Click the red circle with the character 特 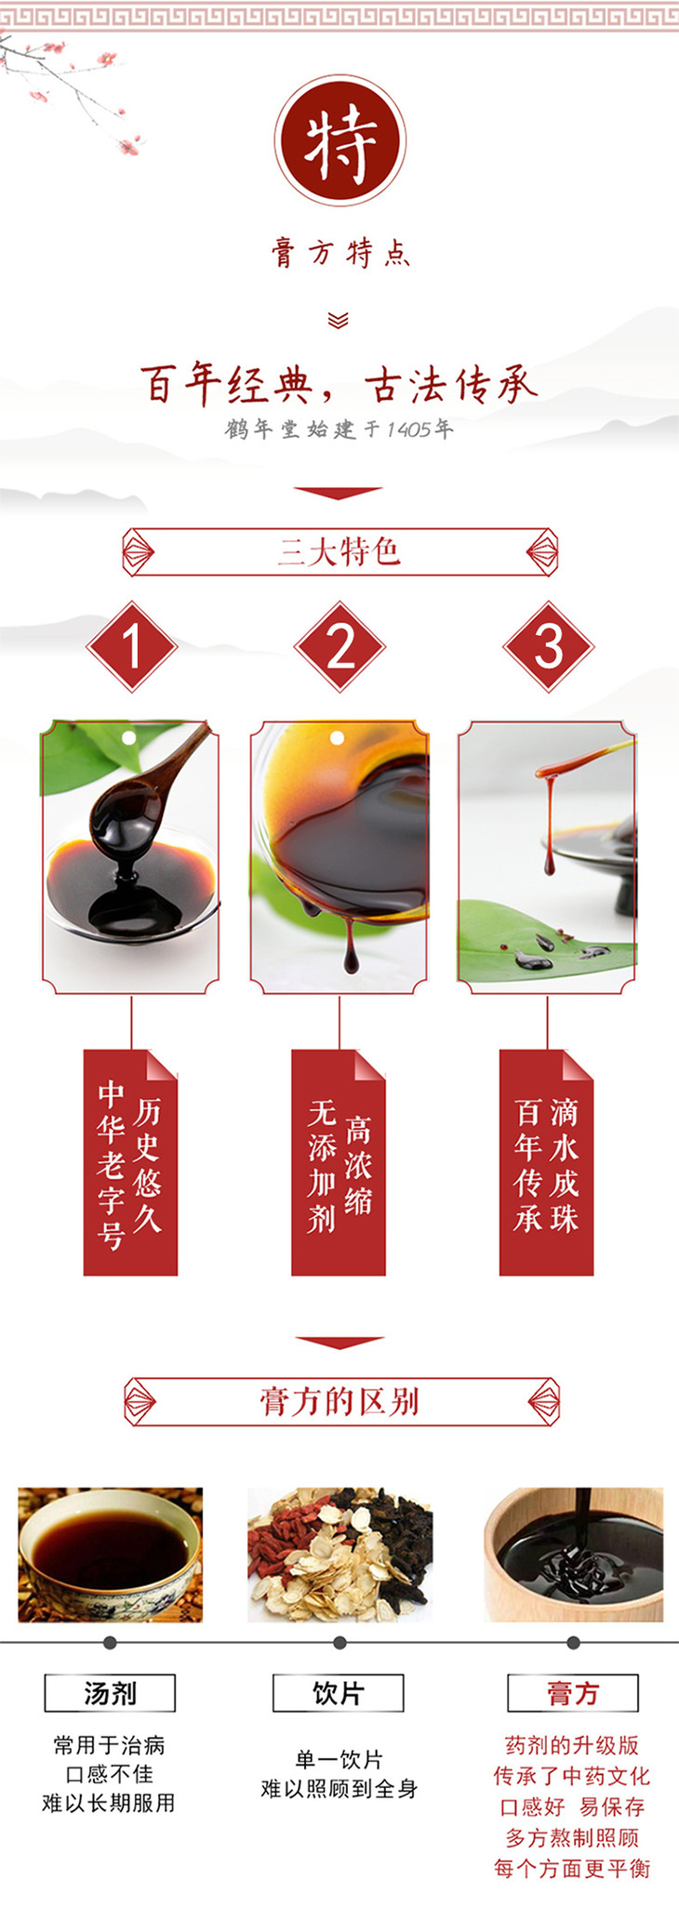tap(340, 141)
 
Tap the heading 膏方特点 tap(340, 253)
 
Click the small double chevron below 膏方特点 tap(339, 321)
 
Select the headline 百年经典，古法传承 tap(339, 385)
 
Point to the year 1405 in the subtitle tap(408, 430)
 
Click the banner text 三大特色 tap(339, 552)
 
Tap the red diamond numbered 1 tap(131, 646)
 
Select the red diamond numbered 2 tap(339, 646)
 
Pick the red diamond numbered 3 tap(548, 646)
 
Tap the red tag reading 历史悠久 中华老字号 tap(130, 1162)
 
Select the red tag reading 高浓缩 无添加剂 tap(339, 1162)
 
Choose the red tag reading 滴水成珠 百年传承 tap(547, 1162)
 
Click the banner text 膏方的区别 tap(339, 1401)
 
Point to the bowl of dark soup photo tap(110, 1555)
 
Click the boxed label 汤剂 tap(110, 1693)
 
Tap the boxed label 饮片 tap(339, 1693)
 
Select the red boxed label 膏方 tap(573, 1693)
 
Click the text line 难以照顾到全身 tap(339, 1788)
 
